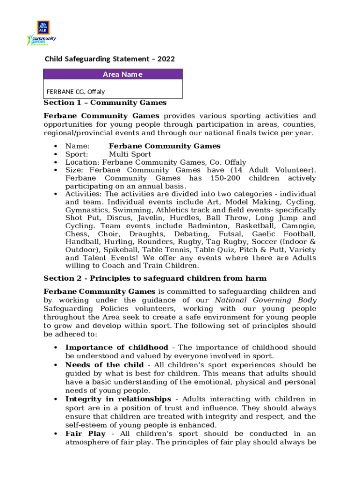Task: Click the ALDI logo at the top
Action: [x=43, y=27]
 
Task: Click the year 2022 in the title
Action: [x=166, y=59]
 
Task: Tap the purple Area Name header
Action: [x=113, y=74]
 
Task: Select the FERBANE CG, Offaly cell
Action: [x=76, y=92]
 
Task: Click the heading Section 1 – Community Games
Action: [x=105, y=102]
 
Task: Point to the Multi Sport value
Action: [x=130, y=154]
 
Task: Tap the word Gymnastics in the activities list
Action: [x=85, y=210]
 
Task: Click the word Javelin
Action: [x=145, y=218]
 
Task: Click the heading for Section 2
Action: [x=155, y=278]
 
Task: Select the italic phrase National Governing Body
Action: [x=265, y=300]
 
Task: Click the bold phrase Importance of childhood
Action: [x=116, y=348]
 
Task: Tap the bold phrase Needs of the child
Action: [x=104, y=365]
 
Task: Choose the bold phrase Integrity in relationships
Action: [x=118, y=399]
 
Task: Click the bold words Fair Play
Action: [x=86, y=434]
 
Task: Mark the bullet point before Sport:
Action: [x=56, y=154]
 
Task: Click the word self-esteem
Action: [x=86, y=425]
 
